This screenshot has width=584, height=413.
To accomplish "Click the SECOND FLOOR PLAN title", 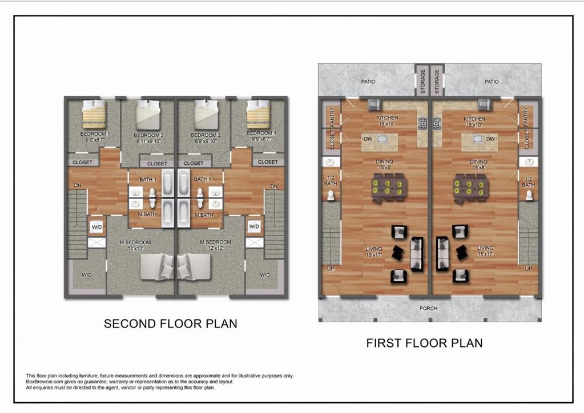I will [x=170, y=324].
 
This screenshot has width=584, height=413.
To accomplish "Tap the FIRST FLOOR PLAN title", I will [x=424, y=343].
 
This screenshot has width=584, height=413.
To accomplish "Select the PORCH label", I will [x=428, y=309].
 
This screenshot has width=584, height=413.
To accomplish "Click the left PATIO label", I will [x=368, y=82].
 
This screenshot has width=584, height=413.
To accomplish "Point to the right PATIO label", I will [x=492, y=82].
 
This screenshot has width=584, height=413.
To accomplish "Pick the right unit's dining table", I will [x=470, y=187].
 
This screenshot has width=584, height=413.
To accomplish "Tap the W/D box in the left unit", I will [x=96, y=227].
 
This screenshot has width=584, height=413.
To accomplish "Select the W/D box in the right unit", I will [x=254, y=227].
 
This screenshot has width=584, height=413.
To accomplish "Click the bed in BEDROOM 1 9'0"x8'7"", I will [x=94, y=114].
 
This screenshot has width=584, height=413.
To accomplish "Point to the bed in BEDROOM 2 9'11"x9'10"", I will [x=150, y=114].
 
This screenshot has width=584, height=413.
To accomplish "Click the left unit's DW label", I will [x=368, y=139].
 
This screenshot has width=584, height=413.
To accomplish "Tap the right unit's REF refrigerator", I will [x=484, y=104].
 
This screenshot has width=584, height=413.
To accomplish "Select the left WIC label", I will [x=86, y=275].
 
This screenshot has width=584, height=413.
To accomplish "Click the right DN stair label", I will [x=273, y=187].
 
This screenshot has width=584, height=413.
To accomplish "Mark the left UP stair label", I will [x=329, y=269].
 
